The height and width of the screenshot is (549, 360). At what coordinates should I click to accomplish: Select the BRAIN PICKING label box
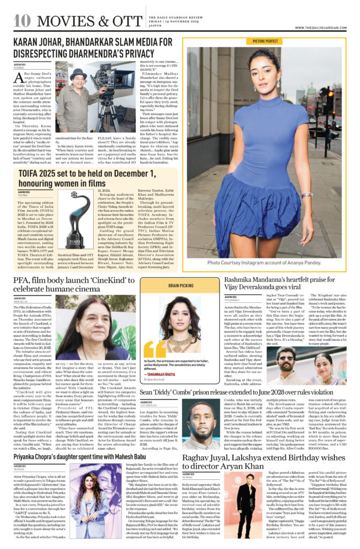click(x=181, y=286)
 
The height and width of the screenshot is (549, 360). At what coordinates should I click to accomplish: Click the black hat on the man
click(x=78, y=73)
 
